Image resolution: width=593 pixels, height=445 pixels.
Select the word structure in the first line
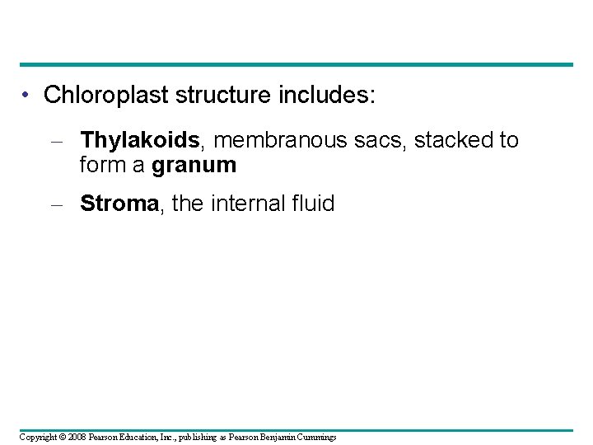215,95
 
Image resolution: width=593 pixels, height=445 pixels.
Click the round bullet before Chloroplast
28,95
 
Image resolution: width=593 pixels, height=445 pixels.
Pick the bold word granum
194,166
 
